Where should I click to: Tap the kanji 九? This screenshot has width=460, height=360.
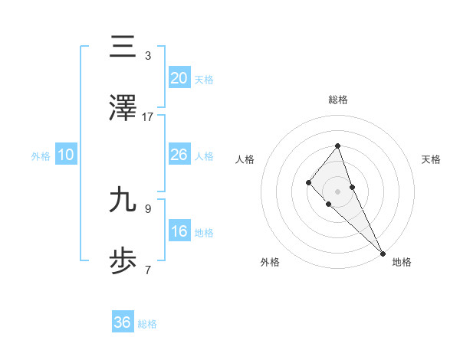tap(123, 200)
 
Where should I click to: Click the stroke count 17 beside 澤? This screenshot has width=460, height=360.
tap(148, 117)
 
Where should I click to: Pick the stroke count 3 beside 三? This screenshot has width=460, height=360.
tap(148, 56)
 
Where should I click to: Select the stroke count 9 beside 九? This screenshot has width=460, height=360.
tap(148, 208)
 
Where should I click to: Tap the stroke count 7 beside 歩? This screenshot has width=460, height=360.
tap(148, 270)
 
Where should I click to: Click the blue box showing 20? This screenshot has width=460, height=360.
tap(179, 77)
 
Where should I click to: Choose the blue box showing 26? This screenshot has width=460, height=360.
tap(179, 155)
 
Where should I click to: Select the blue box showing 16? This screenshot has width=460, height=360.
tap(179, 231)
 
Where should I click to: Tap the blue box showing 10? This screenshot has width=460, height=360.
tap(66, 155)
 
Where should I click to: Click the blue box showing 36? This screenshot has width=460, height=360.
tap(123, 322)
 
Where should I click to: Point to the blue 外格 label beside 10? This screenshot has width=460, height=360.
tap(41, 156)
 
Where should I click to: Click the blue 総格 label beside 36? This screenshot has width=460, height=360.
tap(147, 324)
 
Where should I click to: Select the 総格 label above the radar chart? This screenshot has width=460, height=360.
tap(337, 100)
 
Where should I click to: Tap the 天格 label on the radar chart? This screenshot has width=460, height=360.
tap(431, 159)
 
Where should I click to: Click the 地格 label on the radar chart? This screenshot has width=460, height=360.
tap(402, 262)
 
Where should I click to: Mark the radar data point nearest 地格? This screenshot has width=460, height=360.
tap(383, 254)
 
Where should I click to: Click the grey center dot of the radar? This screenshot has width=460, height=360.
tap(337, 191)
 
